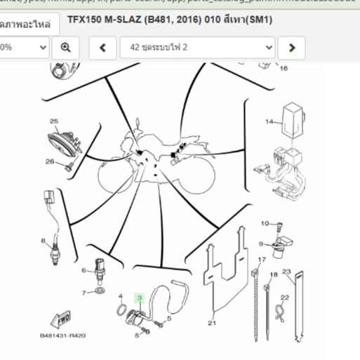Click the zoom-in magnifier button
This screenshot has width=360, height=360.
[x=65, y=47]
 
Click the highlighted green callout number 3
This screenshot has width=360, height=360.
[x=140, y=298]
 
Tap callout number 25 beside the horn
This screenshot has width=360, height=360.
[x=53, y=121]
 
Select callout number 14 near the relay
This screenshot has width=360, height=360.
[x=268, y=122]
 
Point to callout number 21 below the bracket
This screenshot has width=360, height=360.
[x=212, y=324]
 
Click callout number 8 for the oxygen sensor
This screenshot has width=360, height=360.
[x=44, y=241]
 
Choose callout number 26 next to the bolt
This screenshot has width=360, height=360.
[x=49, y=162]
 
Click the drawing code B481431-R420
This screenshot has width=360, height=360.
[x=62, y=335]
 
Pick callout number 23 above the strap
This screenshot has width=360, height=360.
[x=286, y=272]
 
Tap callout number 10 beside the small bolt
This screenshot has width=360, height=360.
[x=265, y=224]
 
